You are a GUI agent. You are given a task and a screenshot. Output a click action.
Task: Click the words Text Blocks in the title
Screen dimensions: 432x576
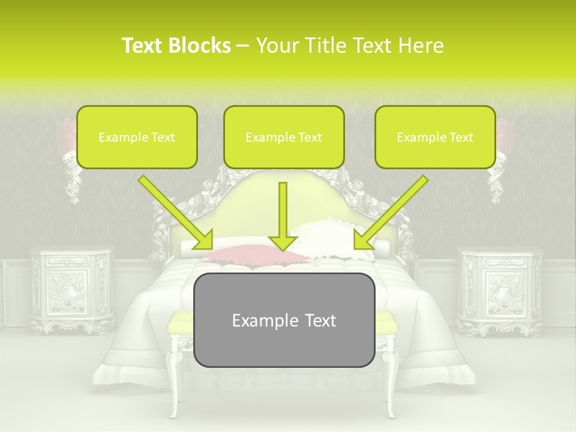coord(176,46)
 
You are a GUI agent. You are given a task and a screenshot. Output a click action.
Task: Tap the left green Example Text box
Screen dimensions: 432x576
coord(137,137)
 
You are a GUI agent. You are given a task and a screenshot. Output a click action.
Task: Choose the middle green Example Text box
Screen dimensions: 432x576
coord(284,137)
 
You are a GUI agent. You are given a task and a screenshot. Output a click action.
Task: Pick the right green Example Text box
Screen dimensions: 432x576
coord(435,137)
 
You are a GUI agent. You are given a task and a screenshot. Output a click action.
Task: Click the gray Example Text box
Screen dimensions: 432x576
coord(284,320)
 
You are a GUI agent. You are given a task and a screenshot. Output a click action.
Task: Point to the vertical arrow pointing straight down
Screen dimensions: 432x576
coord(283,216)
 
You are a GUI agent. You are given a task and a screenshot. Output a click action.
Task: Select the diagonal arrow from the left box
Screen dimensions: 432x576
coord(175,212)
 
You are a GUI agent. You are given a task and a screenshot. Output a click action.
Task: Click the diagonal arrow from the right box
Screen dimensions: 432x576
coord(391,212)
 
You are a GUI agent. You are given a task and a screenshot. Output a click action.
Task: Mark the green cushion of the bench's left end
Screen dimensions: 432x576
coord(179,324)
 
